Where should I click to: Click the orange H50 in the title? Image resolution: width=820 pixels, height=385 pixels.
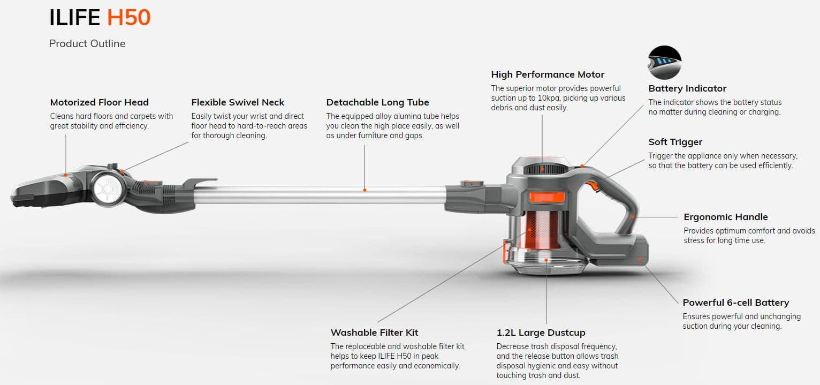pyautogui.click(x=128, y=17)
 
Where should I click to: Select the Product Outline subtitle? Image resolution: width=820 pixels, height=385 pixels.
pyautogui.click(x=87, y=43)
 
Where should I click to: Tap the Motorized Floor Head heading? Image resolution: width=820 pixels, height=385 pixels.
pyautogui.click(x=99, y=102)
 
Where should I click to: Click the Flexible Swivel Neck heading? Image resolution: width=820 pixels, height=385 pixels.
pyautogui.click(x=238, y=102)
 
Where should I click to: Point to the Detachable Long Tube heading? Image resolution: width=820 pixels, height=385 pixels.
pyautogui.click(x=377, y=102)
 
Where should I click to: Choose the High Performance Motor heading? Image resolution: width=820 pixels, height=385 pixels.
pyautogui.click(x=547, y=74)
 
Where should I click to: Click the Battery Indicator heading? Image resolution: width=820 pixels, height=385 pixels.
pyautogui.click(x=687, y=88)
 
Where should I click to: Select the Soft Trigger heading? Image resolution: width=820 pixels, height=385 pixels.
pyautogui.click(x=675, y=142)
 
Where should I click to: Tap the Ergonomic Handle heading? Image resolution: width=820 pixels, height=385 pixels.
pyautogui.click(x=726, y=217)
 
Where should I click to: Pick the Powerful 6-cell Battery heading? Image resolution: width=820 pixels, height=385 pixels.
pyautogui.click(x=736, y=303)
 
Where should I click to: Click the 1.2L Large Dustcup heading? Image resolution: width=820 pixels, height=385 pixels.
pyautogui.click(x=541, y=333)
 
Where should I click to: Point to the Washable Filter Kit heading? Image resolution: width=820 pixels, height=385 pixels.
pyautogui.click(x=374, y=333)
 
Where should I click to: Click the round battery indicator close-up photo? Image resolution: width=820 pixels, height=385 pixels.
pyautogui.click(x=664, y=62)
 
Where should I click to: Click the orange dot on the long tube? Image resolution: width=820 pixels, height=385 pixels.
pyautogui.click(x=365, y=190)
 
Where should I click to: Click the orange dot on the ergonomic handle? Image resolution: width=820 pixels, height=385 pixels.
pyautogui.click(x=633, y=217)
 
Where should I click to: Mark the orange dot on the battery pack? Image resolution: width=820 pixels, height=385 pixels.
pyautogui.click(x=640, y=259)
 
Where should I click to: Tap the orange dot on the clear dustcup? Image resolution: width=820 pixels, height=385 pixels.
pyautogui.click(x=546, y=260)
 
